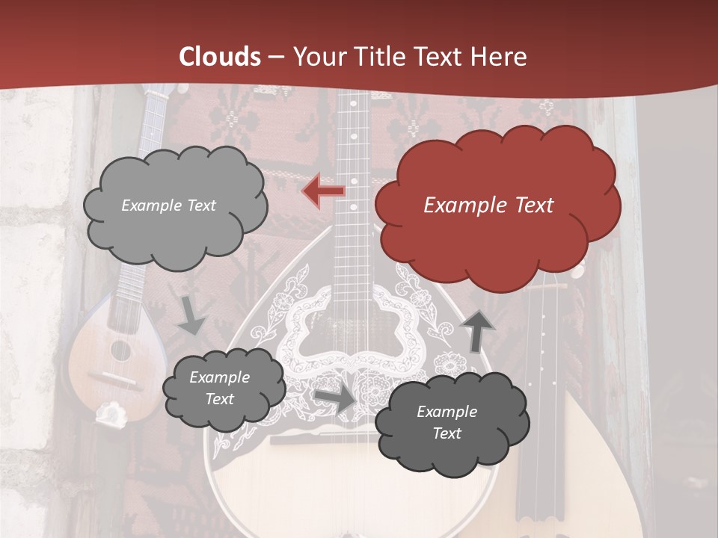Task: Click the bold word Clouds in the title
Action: [220, 57]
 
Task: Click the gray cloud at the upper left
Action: [174, 205]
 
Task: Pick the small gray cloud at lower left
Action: [223, 389]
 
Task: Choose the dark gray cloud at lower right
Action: [450, 423]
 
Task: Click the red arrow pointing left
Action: [324, 191]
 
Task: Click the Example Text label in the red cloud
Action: [488, 205]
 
